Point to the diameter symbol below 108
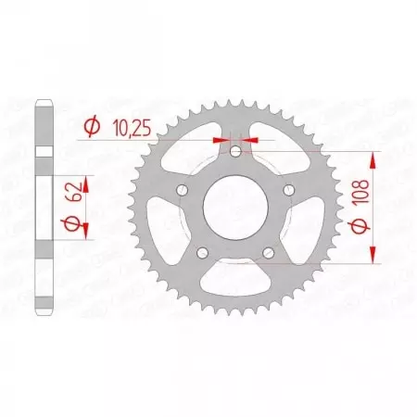point(373,229)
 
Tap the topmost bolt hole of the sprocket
point(235,152)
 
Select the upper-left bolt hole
point(183,190)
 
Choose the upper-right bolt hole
point(288,190)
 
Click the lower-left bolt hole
point(203,252)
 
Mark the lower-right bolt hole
point(268,252)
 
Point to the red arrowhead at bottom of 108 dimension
point(373,259)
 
